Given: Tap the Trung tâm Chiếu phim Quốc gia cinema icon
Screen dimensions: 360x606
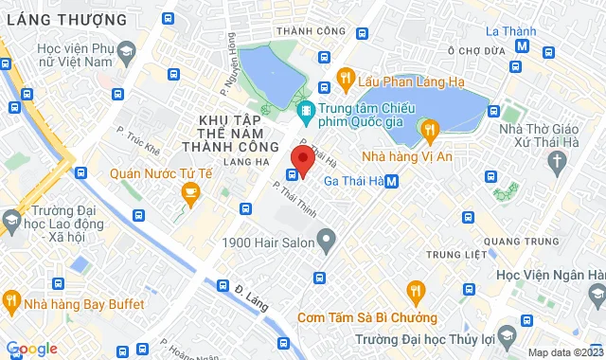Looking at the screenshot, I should [x=306, y=112].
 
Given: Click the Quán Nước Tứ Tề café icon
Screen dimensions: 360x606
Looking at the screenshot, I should [x=190, y=193].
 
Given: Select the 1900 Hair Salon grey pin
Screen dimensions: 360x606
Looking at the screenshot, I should [x=327, y=243].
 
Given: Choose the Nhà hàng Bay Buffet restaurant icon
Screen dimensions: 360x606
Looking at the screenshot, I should [x=12, y=304].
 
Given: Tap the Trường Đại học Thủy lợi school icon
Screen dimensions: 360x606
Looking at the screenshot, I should [x=508, y=338].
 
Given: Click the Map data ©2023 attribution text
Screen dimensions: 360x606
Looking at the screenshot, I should [x=564, y=352].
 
